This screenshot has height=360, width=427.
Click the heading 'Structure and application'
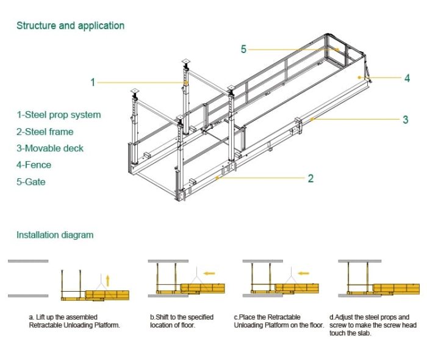click(x=70, y=26)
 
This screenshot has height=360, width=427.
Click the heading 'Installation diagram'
click(x=55, y=235)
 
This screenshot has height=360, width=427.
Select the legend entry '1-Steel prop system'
click(x=59, y=115)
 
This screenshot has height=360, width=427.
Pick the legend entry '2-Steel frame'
click(x=45, y=131)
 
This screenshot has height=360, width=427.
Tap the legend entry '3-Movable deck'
click(x=50, y=148)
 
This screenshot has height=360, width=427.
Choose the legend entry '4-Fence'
click(x=34, y=165)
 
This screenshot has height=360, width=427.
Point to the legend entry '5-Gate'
click(x=31, y=182)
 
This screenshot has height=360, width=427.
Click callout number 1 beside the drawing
click(x=93, y=82)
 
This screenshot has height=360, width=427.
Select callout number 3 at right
click(x=405, y=120)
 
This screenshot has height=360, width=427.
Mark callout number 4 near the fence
click(x=406, y=78)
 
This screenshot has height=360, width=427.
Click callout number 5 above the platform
click(x=243, y=49)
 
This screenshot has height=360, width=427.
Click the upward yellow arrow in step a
click(x=108, y=280)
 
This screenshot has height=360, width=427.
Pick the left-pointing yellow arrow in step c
click(x=303, y=273)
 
